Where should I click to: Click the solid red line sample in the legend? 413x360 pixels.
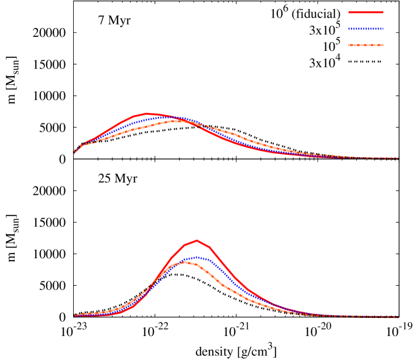pos(366,12)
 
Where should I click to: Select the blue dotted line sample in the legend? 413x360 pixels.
pos(366,29)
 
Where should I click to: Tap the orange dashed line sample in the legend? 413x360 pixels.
pos(366,45)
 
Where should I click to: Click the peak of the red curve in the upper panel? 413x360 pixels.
pos(147,113)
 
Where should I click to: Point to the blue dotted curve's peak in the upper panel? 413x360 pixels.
pos(165,117)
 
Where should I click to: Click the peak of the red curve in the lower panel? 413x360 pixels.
pos(197,240)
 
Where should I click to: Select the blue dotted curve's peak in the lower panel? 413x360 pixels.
pos(196,257)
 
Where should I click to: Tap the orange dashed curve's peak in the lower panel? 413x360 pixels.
pos(184,261)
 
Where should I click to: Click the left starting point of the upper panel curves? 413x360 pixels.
pos(74,153)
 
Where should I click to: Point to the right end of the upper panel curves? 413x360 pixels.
pos(398,158)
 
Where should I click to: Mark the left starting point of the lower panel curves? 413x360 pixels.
pos(75,316)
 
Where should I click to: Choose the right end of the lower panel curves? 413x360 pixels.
pos(399,317)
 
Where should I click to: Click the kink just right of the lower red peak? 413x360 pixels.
pos(209,247)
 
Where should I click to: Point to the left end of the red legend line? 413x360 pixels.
pos(349,12)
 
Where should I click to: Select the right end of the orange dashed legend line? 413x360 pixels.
pos(383,45)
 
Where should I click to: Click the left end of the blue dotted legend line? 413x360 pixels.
pos(349,29)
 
